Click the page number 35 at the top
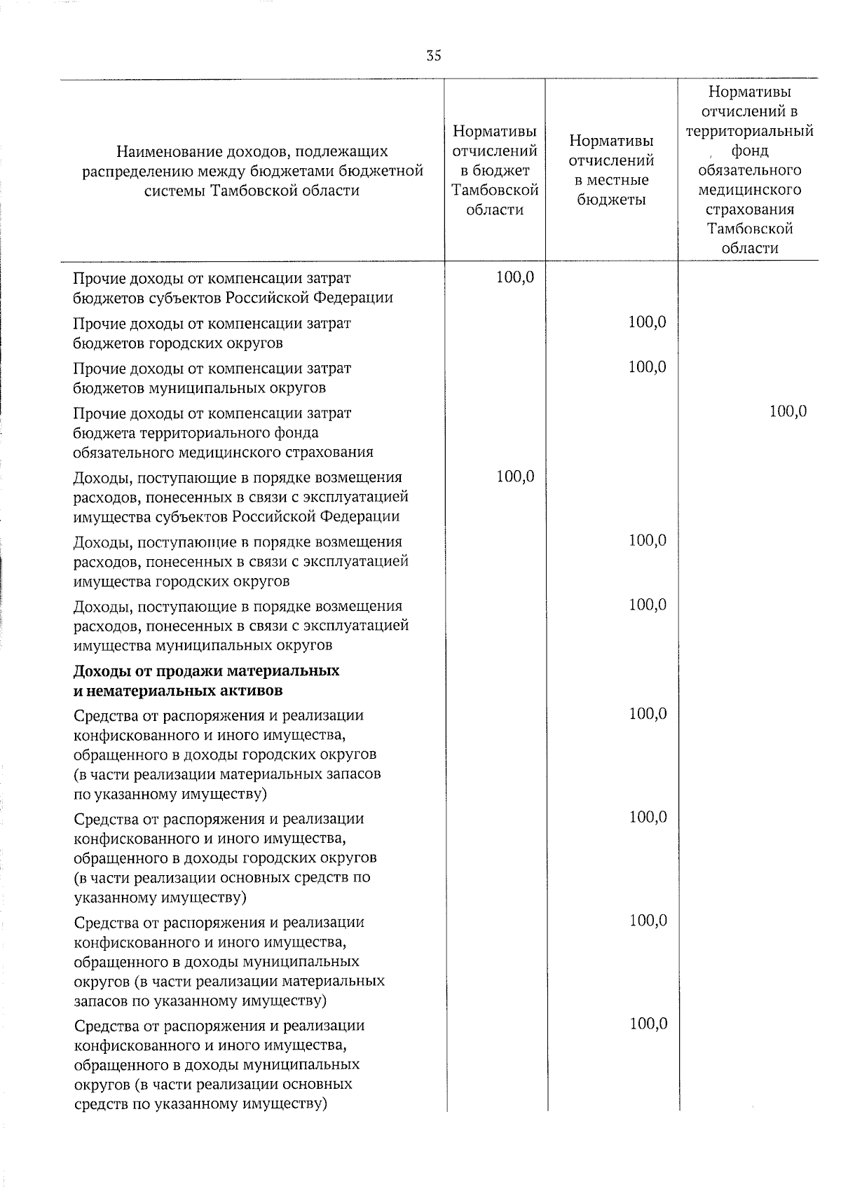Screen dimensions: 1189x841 [434, 57]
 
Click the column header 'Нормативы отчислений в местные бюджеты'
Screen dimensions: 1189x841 [611, 170]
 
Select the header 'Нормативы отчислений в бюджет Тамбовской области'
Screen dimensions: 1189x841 [495, 170]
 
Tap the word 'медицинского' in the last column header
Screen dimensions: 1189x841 [749, 190]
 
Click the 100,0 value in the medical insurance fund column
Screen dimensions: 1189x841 [788, 411]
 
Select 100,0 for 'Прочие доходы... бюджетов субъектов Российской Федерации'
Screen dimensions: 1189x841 [515, 277]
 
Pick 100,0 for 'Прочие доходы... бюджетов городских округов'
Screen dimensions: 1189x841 [647, 322]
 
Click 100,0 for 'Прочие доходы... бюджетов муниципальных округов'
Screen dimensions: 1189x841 [647, 367]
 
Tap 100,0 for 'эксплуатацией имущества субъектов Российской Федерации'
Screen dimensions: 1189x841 [515, 476]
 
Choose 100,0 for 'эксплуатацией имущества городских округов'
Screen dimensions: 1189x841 [647, 540]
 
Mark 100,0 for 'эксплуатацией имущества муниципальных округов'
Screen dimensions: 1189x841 [647, 605]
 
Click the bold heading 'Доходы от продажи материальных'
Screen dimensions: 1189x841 [206, 671]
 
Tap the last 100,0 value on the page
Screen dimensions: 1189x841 [648, 1024]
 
